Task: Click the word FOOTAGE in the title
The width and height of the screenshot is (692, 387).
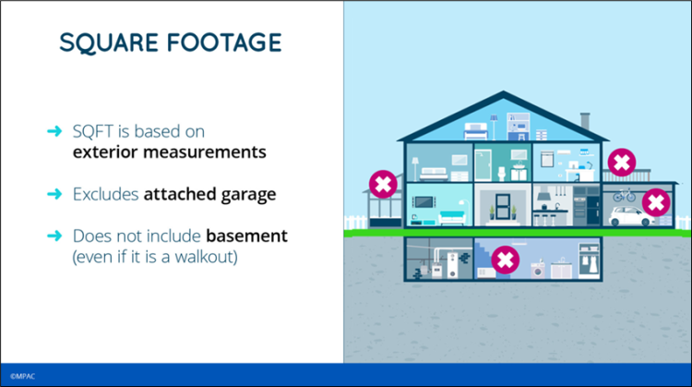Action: click(224, 42)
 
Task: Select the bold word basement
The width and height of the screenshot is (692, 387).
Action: click(246, 236)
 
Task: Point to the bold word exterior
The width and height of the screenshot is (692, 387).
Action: click(105, 152)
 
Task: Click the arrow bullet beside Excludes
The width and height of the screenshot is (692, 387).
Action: click(54, 194)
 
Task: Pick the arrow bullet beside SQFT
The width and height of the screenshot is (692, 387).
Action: click(54, 131)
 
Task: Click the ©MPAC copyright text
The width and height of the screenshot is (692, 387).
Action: click(22, 377)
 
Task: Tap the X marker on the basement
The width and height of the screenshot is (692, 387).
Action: click(506, 260)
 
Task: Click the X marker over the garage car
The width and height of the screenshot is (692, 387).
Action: click(656, 203)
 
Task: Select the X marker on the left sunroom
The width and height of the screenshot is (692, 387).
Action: click(383, 184)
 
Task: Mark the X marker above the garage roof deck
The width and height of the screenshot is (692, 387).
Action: click(622, 163)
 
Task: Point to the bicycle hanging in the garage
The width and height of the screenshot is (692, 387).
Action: click(624, 195)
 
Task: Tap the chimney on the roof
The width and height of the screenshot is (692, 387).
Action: click(585, 121)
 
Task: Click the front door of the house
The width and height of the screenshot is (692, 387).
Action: click(503, 207)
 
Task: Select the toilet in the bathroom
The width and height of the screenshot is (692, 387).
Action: click(502, 173)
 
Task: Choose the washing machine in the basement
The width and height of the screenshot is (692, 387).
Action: click(538, 270)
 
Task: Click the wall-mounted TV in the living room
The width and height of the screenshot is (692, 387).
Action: click(424, 202)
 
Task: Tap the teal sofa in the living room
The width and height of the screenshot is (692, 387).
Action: click(452, 217)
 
